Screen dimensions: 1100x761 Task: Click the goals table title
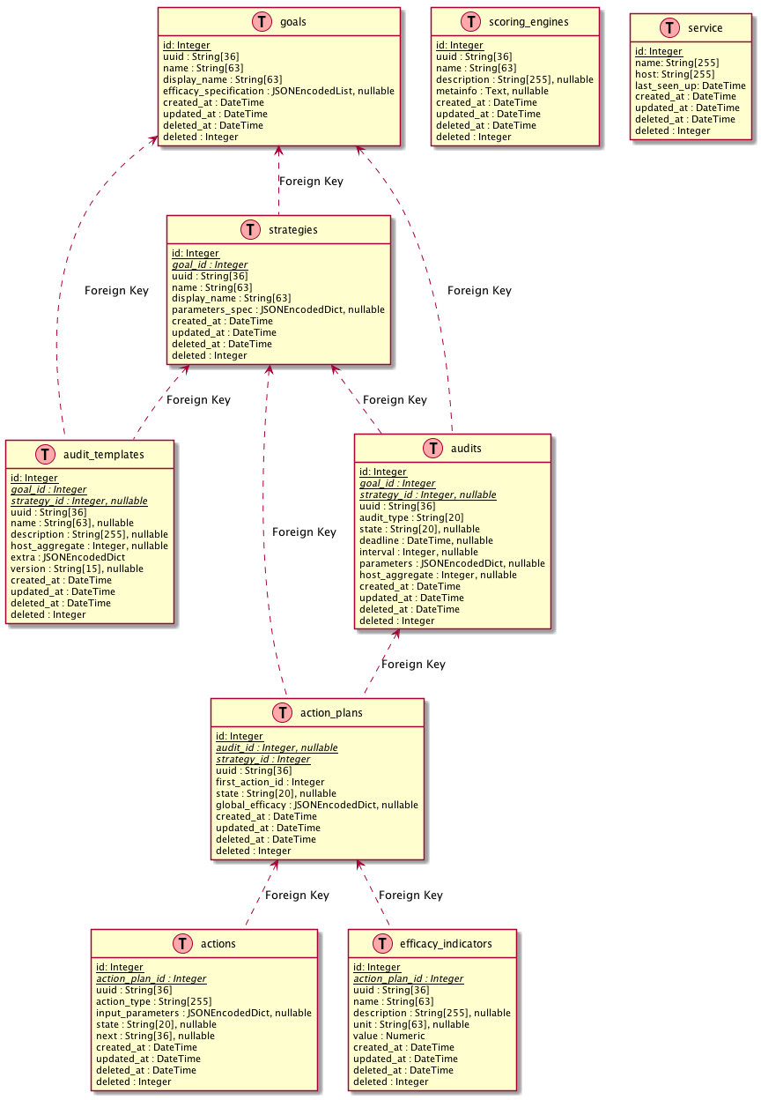[x=292, y=22]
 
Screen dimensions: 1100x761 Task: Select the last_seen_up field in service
[x=691, y=85]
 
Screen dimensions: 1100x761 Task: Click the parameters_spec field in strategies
[x=277, y=310]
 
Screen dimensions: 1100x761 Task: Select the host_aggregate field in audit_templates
[x=89, y=546]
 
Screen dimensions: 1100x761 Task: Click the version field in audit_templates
[x=77, y=569]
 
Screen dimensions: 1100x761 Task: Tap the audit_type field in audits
[x=411, y=517]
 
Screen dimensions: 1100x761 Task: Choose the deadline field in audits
[x=426, y=540]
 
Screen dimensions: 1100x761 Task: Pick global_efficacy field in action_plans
[x=316, y=805]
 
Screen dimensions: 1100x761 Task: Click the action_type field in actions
[x=153, y=1001]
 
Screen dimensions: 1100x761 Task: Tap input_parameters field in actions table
[x=203, y=1013]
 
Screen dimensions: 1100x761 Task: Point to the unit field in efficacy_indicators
[x=411, y=1024]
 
